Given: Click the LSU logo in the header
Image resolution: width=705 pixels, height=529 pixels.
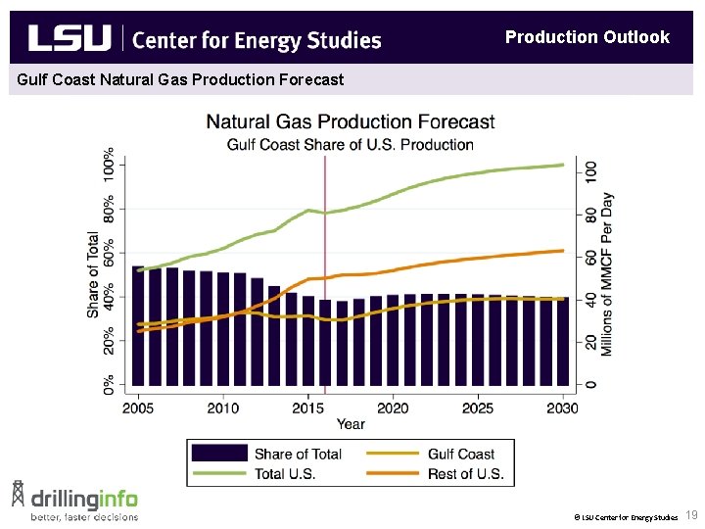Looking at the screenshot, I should [70, 38].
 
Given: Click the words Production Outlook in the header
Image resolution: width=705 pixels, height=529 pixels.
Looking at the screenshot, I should [587, 37].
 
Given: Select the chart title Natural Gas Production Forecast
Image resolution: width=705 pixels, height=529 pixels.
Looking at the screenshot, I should [350, 122].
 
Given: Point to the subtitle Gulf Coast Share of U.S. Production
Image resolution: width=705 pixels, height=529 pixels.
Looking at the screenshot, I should [350, 145].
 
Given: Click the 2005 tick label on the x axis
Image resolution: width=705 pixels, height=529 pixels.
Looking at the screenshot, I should [138, 408].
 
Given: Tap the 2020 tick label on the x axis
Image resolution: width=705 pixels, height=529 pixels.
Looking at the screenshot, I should [393, 408].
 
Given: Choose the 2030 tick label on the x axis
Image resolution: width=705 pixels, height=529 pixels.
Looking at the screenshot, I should [562, 408].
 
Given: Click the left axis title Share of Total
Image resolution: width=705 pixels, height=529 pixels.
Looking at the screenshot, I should [93, 274].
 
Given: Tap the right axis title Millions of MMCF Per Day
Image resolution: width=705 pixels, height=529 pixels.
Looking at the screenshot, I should [608, 274].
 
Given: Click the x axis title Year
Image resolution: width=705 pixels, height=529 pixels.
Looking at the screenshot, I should [351, 424].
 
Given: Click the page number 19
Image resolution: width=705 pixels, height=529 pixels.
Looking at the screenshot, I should [691, 515].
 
